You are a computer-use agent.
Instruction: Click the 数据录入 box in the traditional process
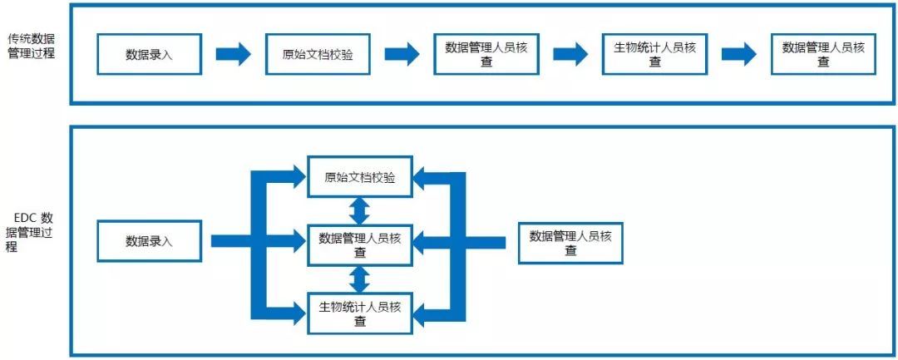click(x=150, y=54)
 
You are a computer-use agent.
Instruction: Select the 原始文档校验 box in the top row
click(x=318, y=54)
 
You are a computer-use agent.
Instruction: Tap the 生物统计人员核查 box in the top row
click(x=654, y=54)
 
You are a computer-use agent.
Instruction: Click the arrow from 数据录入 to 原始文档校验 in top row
click(x=233, y=54)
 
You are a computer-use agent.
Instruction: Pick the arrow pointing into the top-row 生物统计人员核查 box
click(x=570, y=54)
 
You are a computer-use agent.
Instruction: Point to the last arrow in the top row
click(x=738, y=54)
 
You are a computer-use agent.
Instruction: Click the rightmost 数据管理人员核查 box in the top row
click(x=823, y=54)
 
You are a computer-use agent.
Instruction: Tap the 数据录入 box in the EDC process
click(x=150, y=241)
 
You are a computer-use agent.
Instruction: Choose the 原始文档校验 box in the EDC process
click(x=359, y=177)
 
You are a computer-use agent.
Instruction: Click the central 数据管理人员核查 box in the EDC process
click(x=359, y=244)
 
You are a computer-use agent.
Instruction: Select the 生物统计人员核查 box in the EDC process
click(x=359, y=313)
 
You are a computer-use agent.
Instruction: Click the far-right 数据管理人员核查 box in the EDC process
click(x=570, y=243)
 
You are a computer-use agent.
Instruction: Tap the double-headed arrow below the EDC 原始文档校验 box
click(x=359, y=210)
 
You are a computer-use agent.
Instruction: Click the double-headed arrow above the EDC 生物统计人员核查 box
click(x=359, y=279)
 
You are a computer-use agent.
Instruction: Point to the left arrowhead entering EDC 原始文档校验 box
click(x=295, y=175)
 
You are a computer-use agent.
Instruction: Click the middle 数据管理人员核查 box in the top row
click(x=486, y=54)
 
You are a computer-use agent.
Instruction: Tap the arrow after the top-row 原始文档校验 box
click(x=402, y=54)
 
